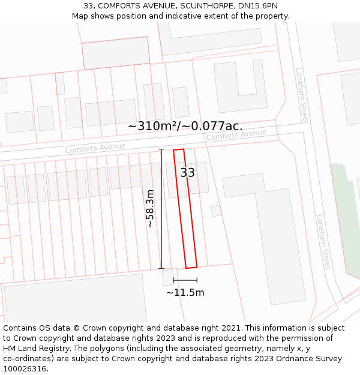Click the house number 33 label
[188, 173]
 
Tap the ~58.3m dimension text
[150, 208]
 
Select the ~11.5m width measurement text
[185, 293]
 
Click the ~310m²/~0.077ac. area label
[185, 126]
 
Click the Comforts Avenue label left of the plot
[95, 148]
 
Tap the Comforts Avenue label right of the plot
[236, 135]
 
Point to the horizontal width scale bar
[185, 280]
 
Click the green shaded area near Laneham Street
[345, 216]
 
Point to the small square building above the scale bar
[167, 277]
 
